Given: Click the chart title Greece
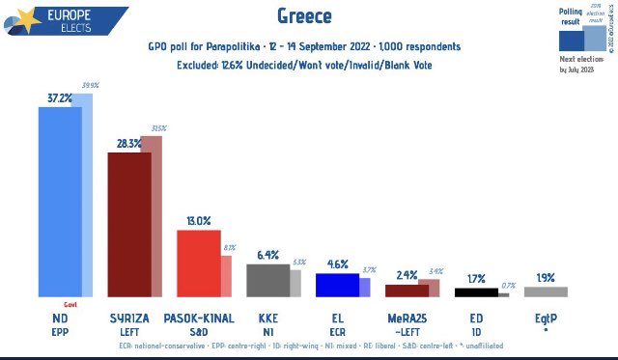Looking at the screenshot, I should (x=308, y=16).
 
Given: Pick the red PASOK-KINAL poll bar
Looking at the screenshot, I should (x=198, y=263).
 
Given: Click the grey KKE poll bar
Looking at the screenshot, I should (x=267, y=280).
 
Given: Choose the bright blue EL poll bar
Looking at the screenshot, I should (x=337, y=285).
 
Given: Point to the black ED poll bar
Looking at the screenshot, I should (x=475, y=292).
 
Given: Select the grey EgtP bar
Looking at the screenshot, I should (x=546, y=291).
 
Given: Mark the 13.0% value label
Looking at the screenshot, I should (x=198, y=221).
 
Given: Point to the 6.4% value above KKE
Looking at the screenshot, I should (x=267, y=255).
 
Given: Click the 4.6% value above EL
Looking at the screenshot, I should (x=337, y=263).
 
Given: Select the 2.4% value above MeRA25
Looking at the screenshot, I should (x=407, y=274).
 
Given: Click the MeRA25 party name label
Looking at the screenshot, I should (x=407, y=318).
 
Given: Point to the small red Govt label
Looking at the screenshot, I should (x=70, y=303).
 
